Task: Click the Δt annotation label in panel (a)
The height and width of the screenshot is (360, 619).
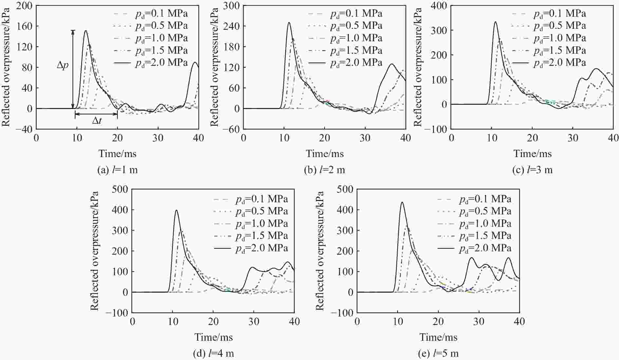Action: tap(97, 121)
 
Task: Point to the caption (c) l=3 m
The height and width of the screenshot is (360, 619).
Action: tap(532, 170)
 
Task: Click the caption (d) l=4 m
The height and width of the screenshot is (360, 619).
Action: tap(214, 354)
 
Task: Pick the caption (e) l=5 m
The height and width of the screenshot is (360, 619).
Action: tap(438, 354)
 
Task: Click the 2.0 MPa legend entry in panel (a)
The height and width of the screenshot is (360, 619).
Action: tap(151, 63)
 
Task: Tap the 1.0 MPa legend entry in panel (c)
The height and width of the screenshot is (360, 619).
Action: tap(549, 38)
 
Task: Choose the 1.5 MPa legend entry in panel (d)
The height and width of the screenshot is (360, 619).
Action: tap(251, 236)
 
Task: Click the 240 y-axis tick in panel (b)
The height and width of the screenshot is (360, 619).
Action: tap(231, 26)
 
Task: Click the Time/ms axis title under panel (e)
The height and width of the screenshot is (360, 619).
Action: tap(438, 337)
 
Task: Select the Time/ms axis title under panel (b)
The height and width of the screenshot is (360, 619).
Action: tap(325, 153)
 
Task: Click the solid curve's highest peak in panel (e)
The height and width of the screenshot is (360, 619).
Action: tap(402, 202)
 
